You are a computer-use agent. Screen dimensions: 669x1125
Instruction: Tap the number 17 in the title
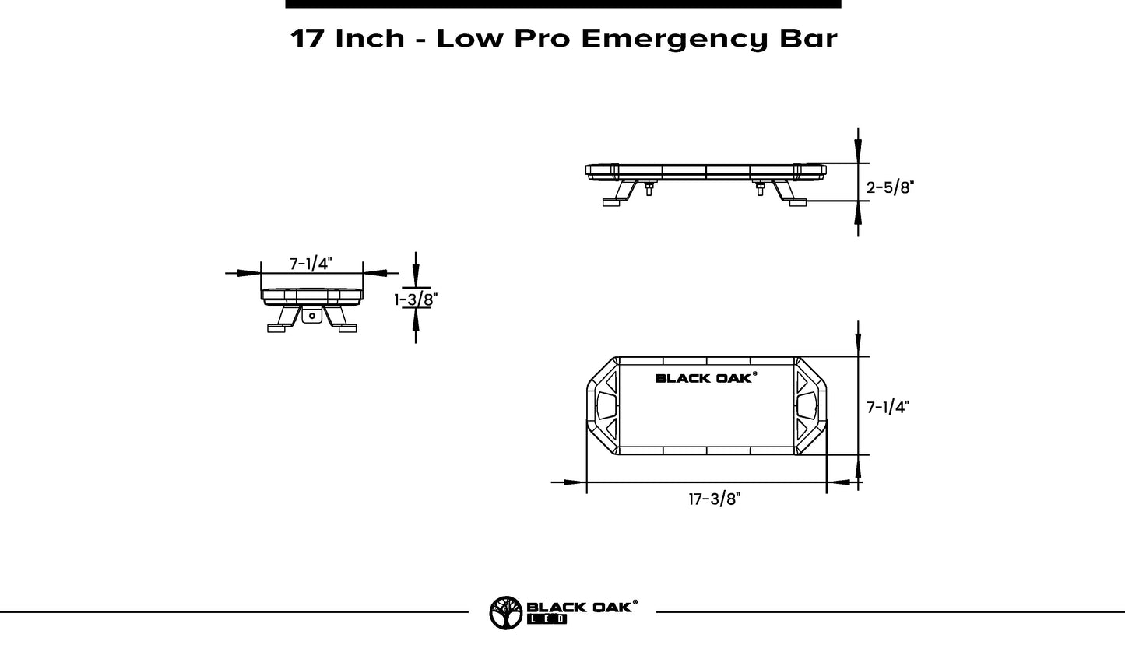point(308,38)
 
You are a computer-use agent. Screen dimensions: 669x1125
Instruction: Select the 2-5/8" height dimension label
point(889,187)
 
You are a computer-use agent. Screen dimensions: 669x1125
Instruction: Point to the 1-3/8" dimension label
point(416,299)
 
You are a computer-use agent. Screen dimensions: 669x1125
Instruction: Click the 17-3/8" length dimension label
point(713,499)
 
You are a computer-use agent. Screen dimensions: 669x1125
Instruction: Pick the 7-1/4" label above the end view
point(311,264)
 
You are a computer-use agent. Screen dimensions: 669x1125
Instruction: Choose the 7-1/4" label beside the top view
point(888,407)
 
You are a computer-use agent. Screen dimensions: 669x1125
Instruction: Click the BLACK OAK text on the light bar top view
point(705,378)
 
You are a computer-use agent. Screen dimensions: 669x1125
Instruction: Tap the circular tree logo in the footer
point(506,612)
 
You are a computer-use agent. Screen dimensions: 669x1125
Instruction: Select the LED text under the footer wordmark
point(547,620)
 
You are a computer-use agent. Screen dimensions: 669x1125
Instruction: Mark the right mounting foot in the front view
point(797,202)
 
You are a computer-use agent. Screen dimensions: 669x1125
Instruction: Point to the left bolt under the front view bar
point(649,188)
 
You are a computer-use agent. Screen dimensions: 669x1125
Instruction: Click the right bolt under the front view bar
point(761,188)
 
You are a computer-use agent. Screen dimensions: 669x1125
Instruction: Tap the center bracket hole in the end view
point(312,316)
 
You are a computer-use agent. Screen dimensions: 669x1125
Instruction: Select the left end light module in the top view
point(605,406)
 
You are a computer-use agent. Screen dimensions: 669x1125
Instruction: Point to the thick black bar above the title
point(563,4)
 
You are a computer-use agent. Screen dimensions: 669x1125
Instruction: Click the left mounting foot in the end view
point(277,328)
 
